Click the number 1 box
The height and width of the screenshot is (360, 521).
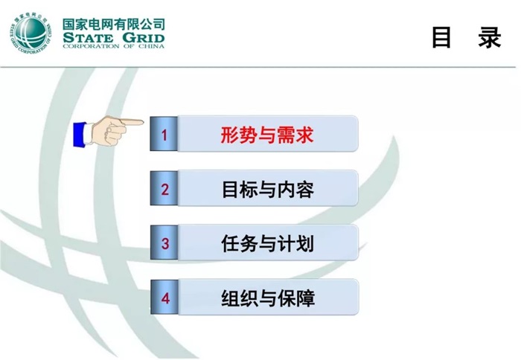coord(164,135)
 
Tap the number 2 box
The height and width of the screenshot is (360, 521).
coord(164,189)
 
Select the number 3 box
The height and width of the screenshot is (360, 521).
coord(164,243)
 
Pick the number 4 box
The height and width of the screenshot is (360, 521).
coord(164,298)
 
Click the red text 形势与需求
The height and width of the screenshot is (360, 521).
coord(267,135)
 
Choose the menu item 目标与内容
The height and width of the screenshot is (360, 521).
coord(267,189)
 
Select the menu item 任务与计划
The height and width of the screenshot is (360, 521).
coord(267,243)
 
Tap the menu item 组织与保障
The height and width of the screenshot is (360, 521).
coord(267,298)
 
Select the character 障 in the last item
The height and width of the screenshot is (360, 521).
coord(304,298)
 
